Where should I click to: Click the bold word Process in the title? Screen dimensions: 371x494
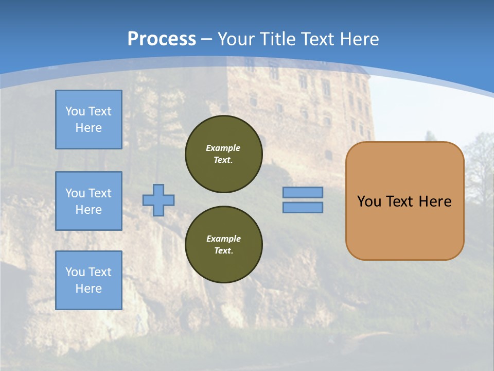click(x=162, y=39)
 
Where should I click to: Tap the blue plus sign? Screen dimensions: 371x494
click(x=158, y=200)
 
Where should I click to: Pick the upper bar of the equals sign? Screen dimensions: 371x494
click(x=303, y=192)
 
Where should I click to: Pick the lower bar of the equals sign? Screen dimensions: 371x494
click(x=303, y=207)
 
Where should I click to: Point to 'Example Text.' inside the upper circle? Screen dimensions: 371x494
click(x=223, y=154)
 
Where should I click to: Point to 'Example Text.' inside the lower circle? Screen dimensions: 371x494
click(x=223, y=244)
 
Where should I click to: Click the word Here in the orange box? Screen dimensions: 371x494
click(x=435, y=201)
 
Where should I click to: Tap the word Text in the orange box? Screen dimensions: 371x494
click(x=399, y=201)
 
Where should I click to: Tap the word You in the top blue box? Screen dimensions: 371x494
click(x=75, y=111)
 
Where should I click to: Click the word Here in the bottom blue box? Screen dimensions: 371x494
click(x=89, y=289)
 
